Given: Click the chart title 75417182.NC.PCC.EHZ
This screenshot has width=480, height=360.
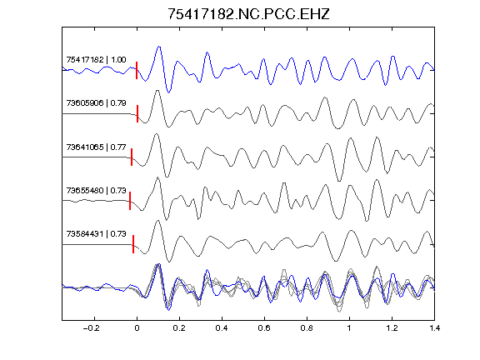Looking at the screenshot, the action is coord(248,14).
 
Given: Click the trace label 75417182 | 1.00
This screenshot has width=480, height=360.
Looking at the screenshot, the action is coord(96,59).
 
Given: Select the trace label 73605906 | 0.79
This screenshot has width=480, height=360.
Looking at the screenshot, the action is coord(96,102).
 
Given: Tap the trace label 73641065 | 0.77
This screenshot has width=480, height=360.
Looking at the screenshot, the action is coord(96,147).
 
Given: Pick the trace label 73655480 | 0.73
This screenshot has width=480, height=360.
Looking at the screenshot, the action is coord(96,190).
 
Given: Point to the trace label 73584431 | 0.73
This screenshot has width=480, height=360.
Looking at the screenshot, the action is coord(96,234).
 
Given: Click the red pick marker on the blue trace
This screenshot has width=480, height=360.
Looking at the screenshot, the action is coord(137,70).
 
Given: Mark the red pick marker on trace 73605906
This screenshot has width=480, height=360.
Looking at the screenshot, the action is coord(137,114).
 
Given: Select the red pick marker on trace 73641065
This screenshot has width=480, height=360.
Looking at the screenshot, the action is coord(132,157).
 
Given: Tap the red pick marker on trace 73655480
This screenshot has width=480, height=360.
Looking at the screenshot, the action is coord(130,201).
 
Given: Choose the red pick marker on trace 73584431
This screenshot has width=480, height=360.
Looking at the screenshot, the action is coord(133,244).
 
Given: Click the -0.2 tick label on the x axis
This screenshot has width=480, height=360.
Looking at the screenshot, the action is coord(92,328).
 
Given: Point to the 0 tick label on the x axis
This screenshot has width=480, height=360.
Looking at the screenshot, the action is coord(137,328).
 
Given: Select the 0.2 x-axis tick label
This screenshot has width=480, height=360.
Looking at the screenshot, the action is coord(179,328).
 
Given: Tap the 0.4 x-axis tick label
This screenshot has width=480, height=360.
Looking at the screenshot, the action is coord(222,328).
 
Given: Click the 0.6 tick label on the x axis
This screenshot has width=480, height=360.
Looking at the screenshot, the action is coord(264,328).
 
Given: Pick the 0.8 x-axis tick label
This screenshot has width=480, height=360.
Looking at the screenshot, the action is coord(307,328).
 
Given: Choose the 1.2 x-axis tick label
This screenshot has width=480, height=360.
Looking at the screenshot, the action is coord(392,328).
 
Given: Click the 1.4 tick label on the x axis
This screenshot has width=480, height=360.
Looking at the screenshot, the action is coord(434,328).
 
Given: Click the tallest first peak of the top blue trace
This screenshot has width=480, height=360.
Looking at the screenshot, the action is coord(159,47).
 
